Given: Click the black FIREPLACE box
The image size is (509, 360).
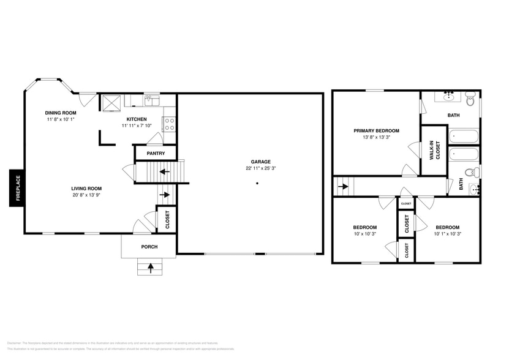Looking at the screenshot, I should [x=17, y=189].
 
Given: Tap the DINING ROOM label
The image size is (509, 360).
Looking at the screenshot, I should [x=61, y=113].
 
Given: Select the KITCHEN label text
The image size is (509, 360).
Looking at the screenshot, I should [x=136, y=119].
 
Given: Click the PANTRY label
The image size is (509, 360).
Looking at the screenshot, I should [x=156, y=153].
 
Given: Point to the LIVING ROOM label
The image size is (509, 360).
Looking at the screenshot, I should [x=86, y=189].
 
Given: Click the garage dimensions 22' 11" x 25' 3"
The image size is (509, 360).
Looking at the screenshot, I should [x=248, y=168].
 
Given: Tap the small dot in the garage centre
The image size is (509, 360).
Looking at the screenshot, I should [x=257, y=182].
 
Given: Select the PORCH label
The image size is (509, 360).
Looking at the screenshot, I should [x=149, y=247].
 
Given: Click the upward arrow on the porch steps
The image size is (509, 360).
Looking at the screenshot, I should [x=151, y=268].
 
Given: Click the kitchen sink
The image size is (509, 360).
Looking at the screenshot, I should [x=151, y=100].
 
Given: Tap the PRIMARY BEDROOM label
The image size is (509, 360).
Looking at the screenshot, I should [x=376, y=130].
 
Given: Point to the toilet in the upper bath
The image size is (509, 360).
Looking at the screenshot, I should [x=470, y=98].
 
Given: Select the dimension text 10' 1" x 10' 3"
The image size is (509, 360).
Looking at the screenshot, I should [x=446, y=233].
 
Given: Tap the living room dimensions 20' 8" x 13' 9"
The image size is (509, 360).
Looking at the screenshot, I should [x=86, y=195].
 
